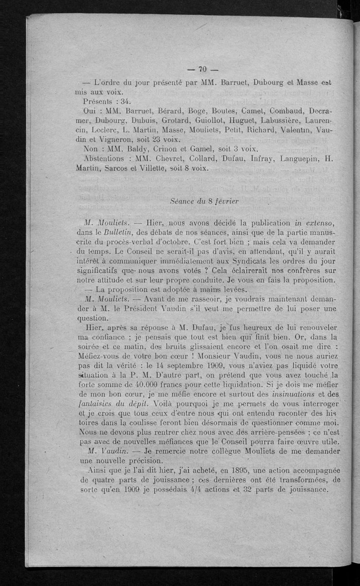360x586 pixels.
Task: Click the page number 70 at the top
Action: pos(202,69)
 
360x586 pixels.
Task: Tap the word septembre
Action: pos(190,355)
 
